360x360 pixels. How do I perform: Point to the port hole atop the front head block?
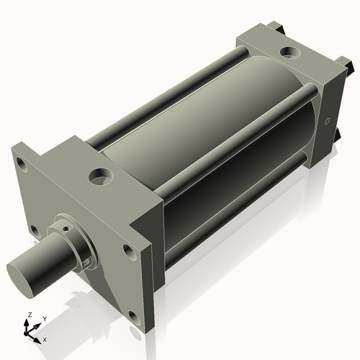point(99,175)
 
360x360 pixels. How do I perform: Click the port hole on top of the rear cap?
point(292,52)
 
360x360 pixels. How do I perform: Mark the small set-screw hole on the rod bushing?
point(65,228)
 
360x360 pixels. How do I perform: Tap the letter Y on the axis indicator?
point(45,318)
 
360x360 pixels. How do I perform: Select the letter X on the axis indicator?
point(45,338)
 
